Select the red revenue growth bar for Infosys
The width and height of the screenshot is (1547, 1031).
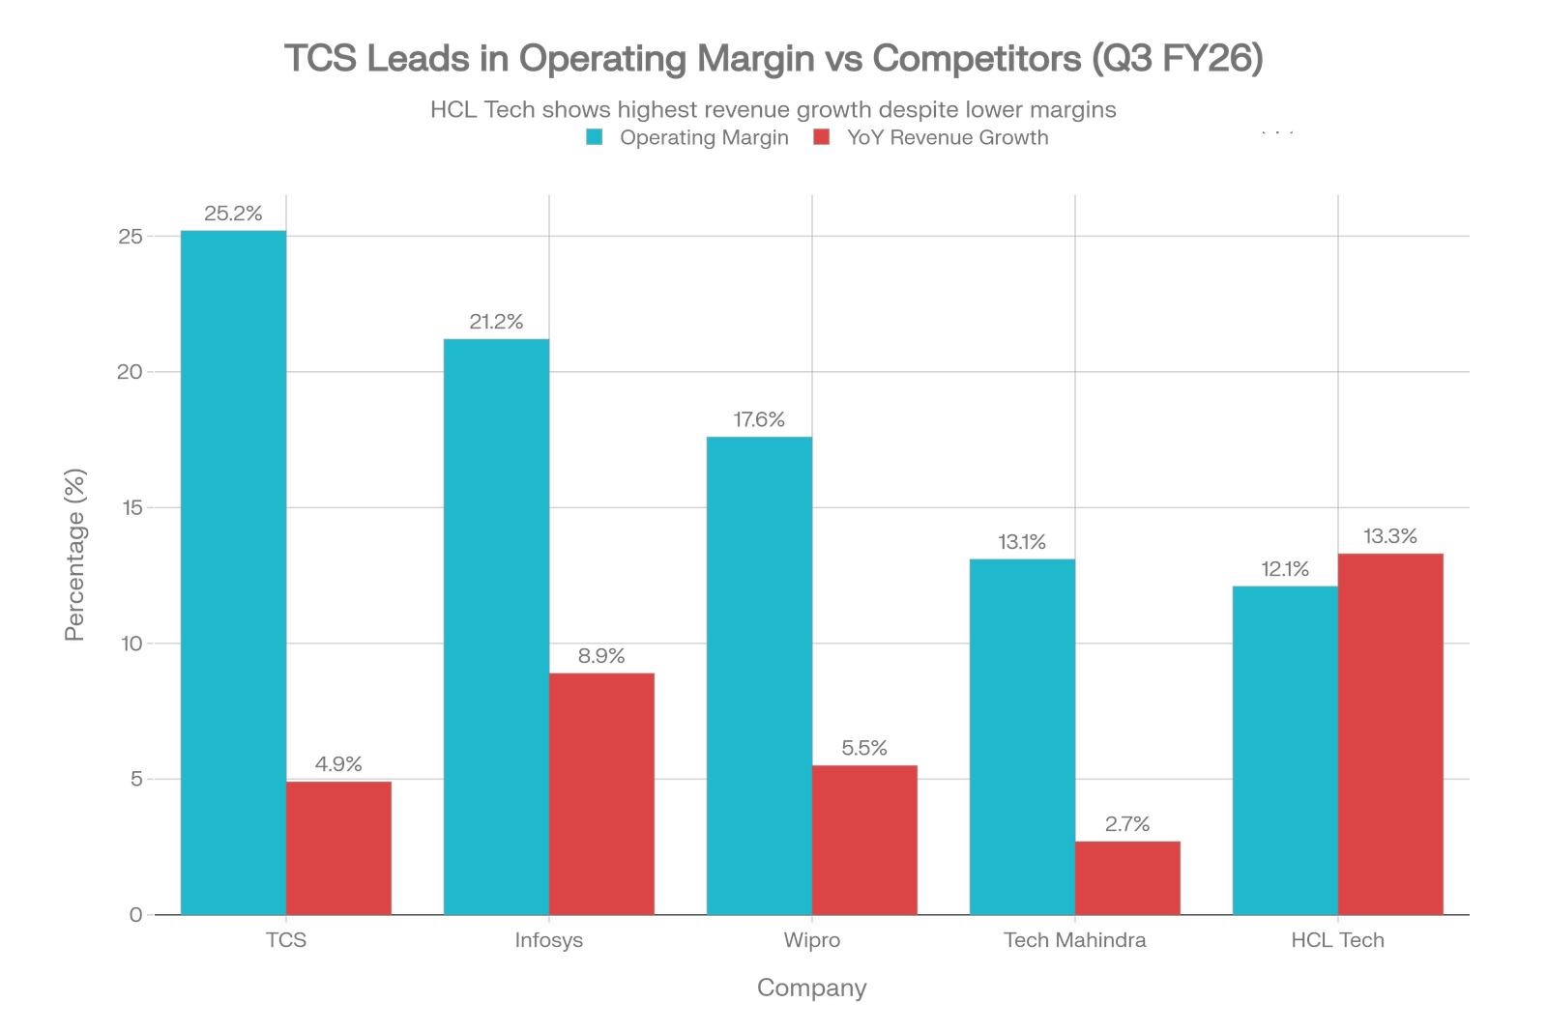602,793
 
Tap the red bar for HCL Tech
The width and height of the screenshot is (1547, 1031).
1391,733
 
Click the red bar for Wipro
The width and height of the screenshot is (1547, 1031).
865,839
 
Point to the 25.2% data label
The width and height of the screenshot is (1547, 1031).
233,215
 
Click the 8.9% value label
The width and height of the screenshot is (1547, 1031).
601,657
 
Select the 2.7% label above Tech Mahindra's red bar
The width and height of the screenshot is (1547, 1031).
1128,825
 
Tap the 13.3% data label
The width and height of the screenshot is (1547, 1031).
1390,536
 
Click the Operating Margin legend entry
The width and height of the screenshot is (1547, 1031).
704,138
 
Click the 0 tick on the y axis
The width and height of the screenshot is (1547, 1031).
136,914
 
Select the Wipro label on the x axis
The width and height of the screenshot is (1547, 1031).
812,940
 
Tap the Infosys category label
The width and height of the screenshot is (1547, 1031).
549,940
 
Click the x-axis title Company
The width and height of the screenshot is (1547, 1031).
812,988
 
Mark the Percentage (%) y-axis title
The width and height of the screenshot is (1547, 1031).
75,555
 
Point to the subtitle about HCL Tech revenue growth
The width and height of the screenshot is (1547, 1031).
773,110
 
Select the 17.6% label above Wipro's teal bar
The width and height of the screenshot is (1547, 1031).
759,420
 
